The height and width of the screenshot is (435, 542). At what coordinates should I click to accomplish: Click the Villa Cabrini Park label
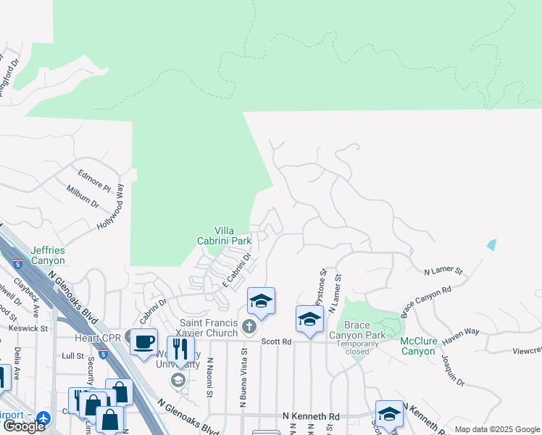click(x=225, y=235)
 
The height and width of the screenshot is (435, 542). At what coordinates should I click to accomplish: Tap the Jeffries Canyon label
click(x=48, y=255)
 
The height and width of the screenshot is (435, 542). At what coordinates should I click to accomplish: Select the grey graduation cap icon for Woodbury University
click(x=178, y=380)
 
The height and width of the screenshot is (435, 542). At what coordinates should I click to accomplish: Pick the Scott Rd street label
click(x=276, y=341)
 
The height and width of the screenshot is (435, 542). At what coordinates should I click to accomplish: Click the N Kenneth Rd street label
click(x=310, y=417)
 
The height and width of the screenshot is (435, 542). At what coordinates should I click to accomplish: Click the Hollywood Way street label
click(x=112, y=207)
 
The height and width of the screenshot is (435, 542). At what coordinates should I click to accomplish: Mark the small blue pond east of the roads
click(x=492, y=244)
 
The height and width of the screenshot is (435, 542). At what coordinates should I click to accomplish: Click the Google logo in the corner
click(x=24, y=426)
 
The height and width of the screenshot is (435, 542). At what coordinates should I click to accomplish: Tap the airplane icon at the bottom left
click(x=43, y=418)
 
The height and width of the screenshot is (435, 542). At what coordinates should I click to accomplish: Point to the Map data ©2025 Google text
click(x=496, y=429)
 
